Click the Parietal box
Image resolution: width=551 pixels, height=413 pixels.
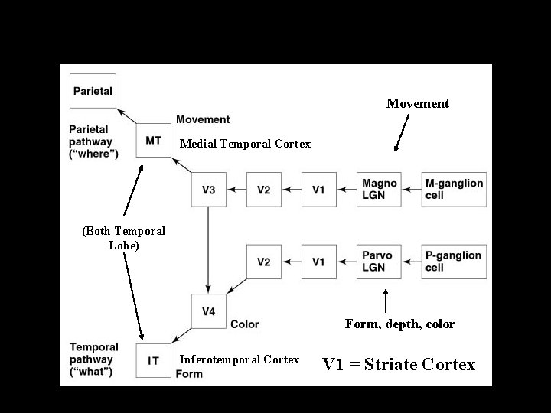93,91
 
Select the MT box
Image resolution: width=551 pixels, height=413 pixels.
153,141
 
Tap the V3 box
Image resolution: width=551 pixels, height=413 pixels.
208,190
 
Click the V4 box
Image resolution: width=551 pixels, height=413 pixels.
208,311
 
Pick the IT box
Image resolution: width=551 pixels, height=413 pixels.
153,360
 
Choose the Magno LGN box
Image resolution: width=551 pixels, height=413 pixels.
380,190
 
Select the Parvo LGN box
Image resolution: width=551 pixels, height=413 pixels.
380,262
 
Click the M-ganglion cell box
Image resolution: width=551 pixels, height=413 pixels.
455,190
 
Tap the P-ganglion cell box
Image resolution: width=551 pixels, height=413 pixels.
455,262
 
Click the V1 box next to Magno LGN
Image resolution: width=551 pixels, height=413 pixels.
319,190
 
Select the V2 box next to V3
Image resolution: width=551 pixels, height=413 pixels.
264,190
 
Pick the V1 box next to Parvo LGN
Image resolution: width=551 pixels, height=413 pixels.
319,262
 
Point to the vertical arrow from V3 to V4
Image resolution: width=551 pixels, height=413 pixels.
208,249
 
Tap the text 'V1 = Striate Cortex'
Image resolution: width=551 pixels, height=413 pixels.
399,364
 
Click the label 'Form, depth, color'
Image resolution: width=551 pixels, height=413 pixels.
399,324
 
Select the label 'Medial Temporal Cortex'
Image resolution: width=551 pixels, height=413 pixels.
245,144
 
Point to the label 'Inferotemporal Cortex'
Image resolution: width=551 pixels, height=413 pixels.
239,359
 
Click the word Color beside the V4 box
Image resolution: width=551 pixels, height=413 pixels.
244,324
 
